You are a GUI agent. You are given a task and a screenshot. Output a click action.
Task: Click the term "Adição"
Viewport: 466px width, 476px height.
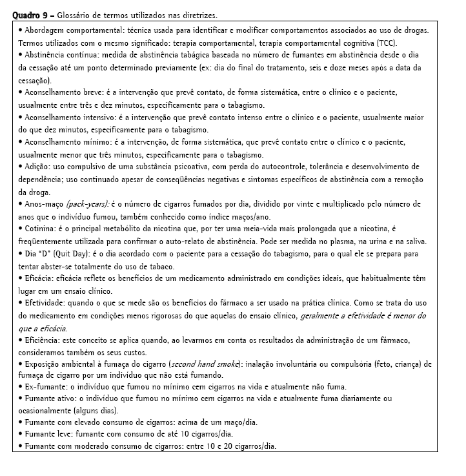(35, 167)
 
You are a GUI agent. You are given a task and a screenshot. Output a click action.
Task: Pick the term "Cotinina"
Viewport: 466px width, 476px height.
(38, 229)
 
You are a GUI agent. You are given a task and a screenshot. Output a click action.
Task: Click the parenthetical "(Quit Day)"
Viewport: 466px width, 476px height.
(72, 254)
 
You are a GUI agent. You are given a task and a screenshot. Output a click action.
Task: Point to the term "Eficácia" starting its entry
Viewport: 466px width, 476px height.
(37, 278)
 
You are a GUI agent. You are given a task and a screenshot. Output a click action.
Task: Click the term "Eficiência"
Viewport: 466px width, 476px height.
(40, 340)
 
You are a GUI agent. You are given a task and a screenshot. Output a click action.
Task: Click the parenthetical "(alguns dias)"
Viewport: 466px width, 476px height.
(95, 410)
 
